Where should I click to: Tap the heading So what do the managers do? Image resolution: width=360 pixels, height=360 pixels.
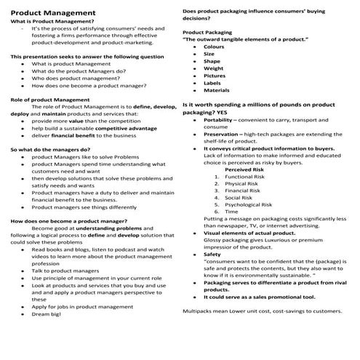click(54, 149)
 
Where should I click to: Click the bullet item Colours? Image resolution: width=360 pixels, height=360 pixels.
click(215, 47)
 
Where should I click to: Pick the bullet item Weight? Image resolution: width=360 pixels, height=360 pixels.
click(214, 68)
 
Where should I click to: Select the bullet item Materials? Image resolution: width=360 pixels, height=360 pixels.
click(217, 90)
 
